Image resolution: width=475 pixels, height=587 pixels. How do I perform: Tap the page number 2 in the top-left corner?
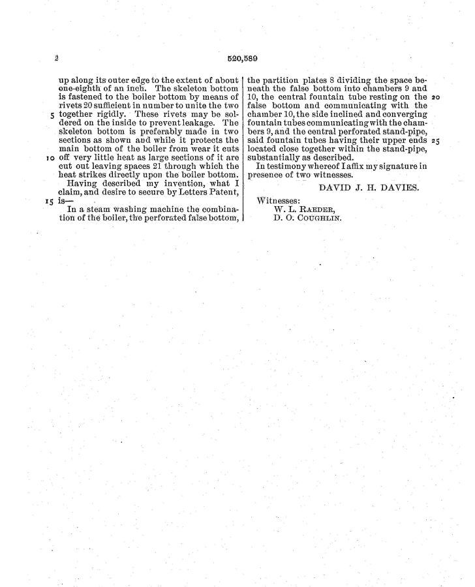click(57, 59)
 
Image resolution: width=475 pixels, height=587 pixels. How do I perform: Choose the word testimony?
click(294, 166)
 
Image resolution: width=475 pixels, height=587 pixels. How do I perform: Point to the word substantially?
click(278, 157)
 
